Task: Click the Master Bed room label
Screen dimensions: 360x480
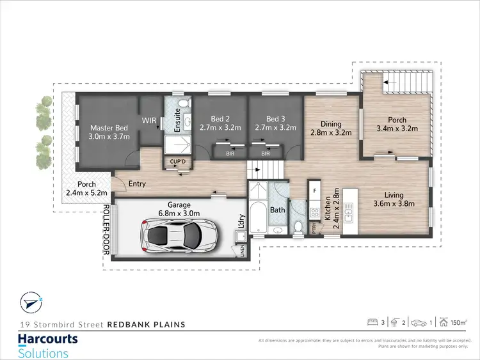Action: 109,127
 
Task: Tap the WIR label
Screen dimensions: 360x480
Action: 149,120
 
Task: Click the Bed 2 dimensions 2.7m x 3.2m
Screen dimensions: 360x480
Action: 221,128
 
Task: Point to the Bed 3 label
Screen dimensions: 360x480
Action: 275,119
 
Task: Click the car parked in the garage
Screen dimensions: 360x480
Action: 181,235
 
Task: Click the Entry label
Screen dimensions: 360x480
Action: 137,184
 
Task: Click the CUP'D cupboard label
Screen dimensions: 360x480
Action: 178,161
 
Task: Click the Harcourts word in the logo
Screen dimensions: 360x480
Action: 48,339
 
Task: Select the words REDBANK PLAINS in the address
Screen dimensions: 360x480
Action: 147,324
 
